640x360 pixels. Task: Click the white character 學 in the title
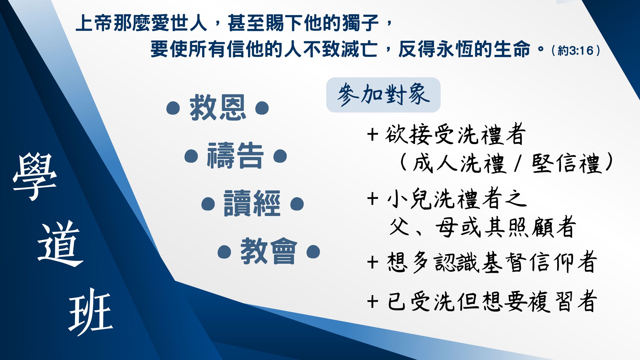tap(35, 177)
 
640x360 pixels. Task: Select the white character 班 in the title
tap(91, 312)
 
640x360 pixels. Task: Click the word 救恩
tap(217, 108)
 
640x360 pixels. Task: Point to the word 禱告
tap(235, 156)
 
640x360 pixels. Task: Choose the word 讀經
tap(252, 203)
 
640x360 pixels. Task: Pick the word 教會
tap(269, 251)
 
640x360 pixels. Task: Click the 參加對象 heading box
tap(383, 95)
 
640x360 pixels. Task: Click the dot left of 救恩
tap(173, 108)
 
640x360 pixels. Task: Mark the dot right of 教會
tap(313, 252)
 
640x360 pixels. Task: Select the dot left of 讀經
tap(208, 204)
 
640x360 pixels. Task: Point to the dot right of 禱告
tap(280, 156)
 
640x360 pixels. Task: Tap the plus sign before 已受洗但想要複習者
tap(372, 302)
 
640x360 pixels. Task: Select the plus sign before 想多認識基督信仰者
tap(372, 262)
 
